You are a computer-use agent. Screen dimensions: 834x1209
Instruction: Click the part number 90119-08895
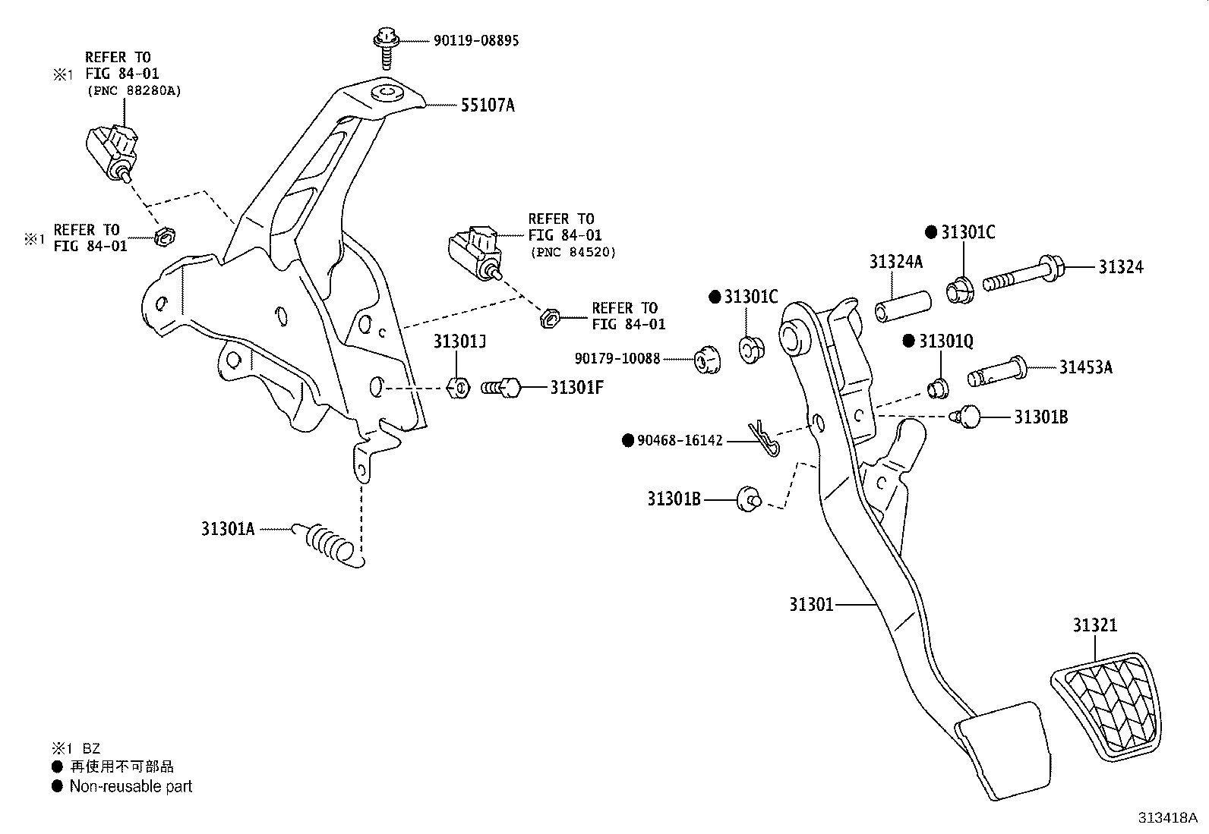coord(476,40)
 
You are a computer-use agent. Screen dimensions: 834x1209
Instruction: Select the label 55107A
coord(487,105)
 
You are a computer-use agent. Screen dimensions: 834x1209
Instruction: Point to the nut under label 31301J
coord(459,387)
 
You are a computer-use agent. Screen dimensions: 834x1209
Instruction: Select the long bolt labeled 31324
coord(1024,276)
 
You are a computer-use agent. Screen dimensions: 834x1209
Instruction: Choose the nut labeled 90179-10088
coord(708,360)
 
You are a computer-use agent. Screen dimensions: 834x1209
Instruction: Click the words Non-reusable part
coord(130,786)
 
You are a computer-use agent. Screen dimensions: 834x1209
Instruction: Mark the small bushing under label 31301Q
coord(939,388)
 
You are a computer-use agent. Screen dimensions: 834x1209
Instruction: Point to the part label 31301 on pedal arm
coord(810,604)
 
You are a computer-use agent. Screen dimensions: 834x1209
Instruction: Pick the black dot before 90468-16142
coord(627,440)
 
